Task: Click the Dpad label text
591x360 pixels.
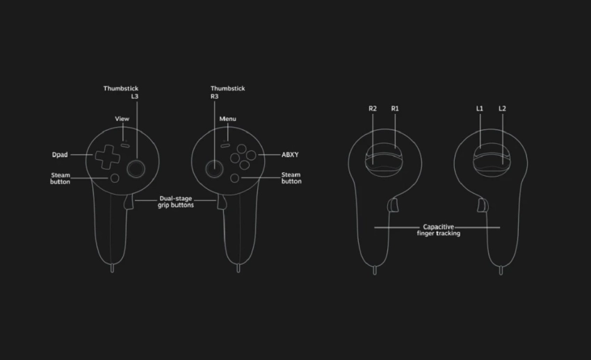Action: pos(60,155)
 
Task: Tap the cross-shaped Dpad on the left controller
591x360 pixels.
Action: pos(107,156)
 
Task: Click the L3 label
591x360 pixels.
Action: pos(135,97)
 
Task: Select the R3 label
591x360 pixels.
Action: pos(214,97)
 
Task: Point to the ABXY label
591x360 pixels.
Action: pos(290,155)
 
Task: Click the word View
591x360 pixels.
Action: pos(122,119)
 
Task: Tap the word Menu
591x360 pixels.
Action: pos(227,119)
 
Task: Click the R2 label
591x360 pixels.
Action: pos(373,108)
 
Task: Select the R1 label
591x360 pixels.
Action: pos(395,108)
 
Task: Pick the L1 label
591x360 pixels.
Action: pos(480,108)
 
